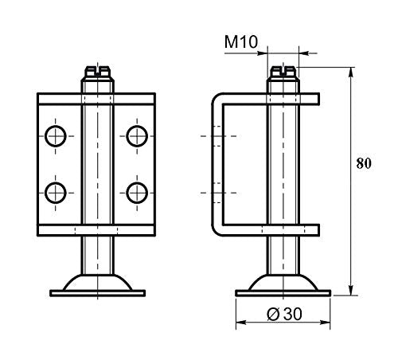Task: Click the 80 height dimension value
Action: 363,165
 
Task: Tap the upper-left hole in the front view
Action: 56,135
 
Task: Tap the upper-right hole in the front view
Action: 136,135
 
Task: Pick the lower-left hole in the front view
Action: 56,191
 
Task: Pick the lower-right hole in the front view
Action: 136,191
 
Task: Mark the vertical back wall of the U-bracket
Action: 215,165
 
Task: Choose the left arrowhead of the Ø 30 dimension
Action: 240,323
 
